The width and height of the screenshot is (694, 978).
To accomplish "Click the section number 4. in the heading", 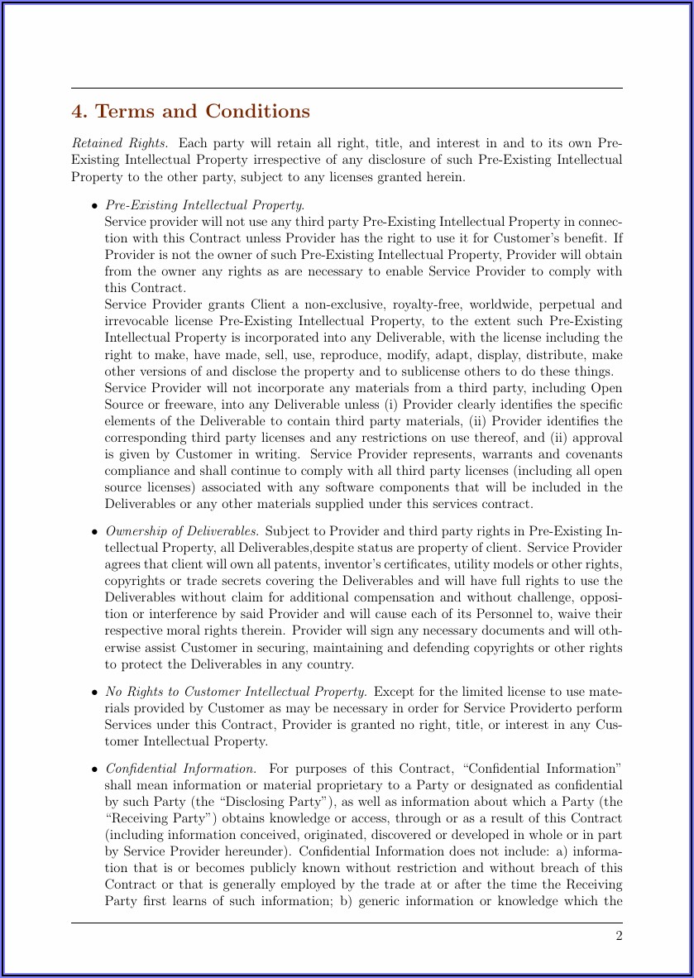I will point(79,112).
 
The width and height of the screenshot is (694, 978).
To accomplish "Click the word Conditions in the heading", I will point(257,112).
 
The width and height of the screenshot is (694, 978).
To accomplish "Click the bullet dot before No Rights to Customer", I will point(95,693).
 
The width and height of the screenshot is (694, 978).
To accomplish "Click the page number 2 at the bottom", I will point(618,936).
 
